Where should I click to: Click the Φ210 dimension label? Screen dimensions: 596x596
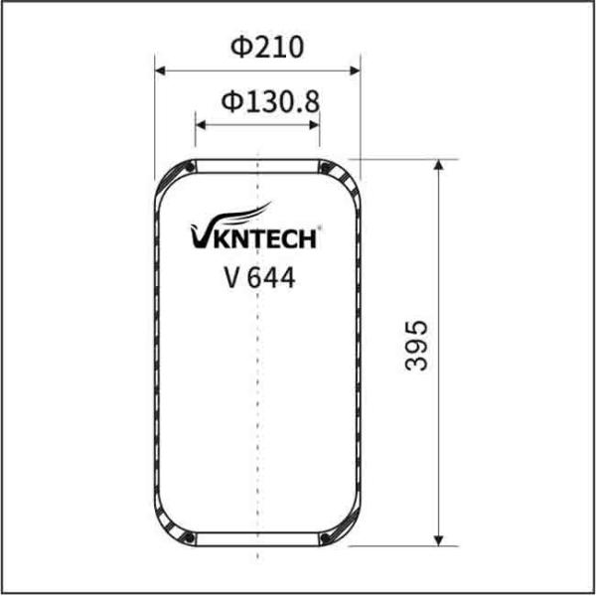tap(267, 47)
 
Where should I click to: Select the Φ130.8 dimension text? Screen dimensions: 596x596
tap(270, 101)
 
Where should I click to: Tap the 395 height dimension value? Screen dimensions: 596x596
tap(416, 346)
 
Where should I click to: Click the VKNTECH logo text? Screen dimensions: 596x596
tap(253, 236)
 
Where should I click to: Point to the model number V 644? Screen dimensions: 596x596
tap(259, 277)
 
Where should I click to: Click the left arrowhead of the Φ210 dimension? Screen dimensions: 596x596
tap(160, 71)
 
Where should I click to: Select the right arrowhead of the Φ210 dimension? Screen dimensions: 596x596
tap(355, 71)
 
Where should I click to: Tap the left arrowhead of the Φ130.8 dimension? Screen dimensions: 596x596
tap(201, 125)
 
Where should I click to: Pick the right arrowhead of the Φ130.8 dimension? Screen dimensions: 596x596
tap(315, 125)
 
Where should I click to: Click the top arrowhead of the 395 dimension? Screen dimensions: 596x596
tap(439, 165)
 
